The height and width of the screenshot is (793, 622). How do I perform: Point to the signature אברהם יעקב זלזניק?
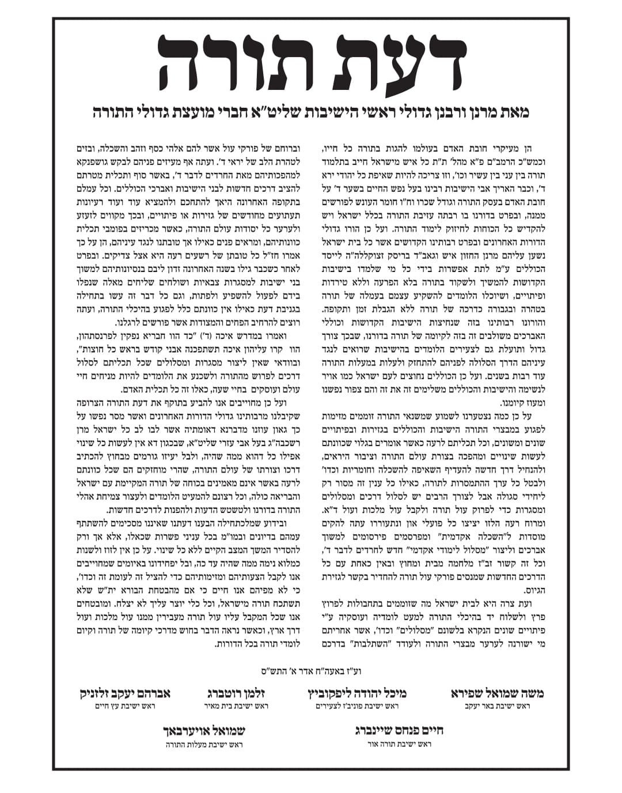tap(125, 693)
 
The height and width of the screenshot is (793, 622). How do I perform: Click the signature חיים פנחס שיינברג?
tap(393, 731)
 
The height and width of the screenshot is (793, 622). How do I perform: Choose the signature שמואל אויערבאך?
tap(206, 731)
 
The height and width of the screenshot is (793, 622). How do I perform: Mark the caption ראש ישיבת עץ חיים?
tap(125, 706)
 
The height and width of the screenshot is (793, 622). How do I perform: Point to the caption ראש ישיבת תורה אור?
tap(393, 744)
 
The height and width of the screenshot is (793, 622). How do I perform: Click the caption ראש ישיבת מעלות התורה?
tap(206, 744)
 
